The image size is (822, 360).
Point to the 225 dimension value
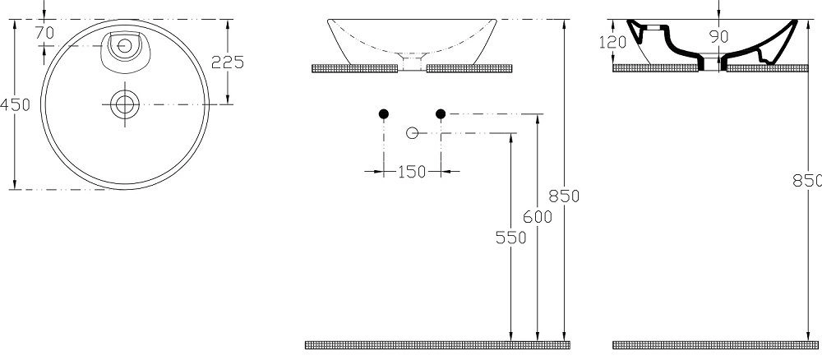(227, 62)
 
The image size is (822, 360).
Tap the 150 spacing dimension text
(411, 172)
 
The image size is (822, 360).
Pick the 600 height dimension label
(537, 216)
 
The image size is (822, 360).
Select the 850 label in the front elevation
(565, 196)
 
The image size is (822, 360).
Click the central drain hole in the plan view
(124, 104)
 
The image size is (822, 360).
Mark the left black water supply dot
(383, 113)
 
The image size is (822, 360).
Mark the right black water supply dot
(441, 113)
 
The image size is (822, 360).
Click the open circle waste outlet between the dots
(412, 132)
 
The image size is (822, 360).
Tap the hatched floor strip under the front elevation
(436, 343)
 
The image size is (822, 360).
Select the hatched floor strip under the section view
(715, 343)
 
